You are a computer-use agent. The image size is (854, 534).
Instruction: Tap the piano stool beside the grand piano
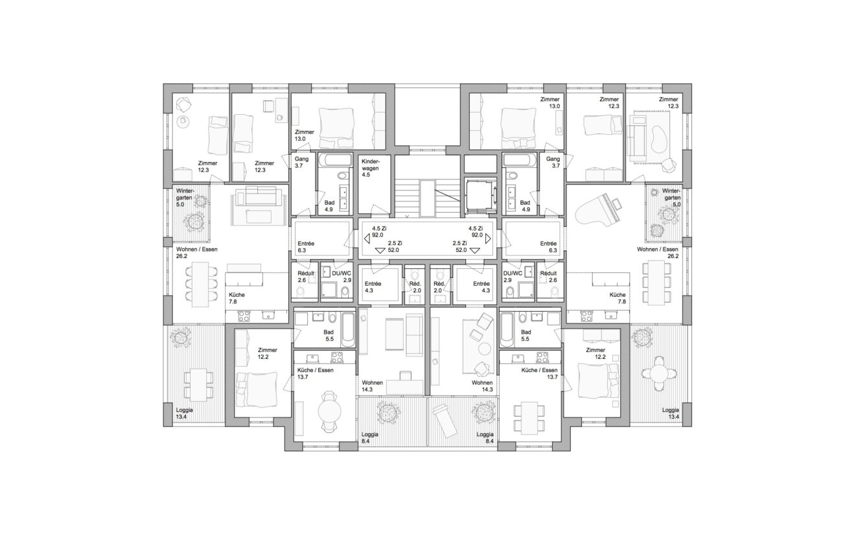pyautogui.click(x=617, y=204)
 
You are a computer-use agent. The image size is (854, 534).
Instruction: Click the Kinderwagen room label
pyautogui.click(x=370, y=168)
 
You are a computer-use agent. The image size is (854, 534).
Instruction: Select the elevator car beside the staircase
pyautogui.click(x=480, y=194)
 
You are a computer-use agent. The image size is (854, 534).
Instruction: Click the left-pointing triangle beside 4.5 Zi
pyautogui.click(x=367, y=238)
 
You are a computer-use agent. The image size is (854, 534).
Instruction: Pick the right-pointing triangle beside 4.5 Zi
pyautogui.click(x=488, y=238)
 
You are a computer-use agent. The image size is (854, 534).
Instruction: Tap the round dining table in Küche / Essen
pyautogui.click(x=329, y=411)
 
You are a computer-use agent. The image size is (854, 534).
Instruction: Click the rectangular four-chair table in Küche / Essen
pyautogui.click(x=528, y=416)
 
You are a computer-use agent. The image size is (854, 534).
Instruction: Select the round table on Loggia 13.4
pyautogui.click(x=659, y=373)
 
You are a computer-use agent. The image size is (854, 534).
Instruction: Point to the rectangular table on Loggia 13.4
pyautogui.click(x=198, y=384)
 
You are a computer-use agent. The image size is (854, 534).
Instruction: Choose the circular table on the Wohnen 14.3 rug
pyautogui.click(x=485, y=349)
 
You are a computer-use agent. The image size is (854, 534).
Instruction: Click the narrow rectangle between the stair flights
pyautogui.click(x=427, y=199)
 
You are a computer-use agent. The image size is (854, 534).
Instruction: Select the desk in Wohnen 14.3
pyautogui.click(x=405, y=386)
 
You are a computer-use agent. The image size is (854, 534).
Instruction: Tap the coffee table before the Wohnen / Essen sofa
pyautogui.click(x=259, y=216)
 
